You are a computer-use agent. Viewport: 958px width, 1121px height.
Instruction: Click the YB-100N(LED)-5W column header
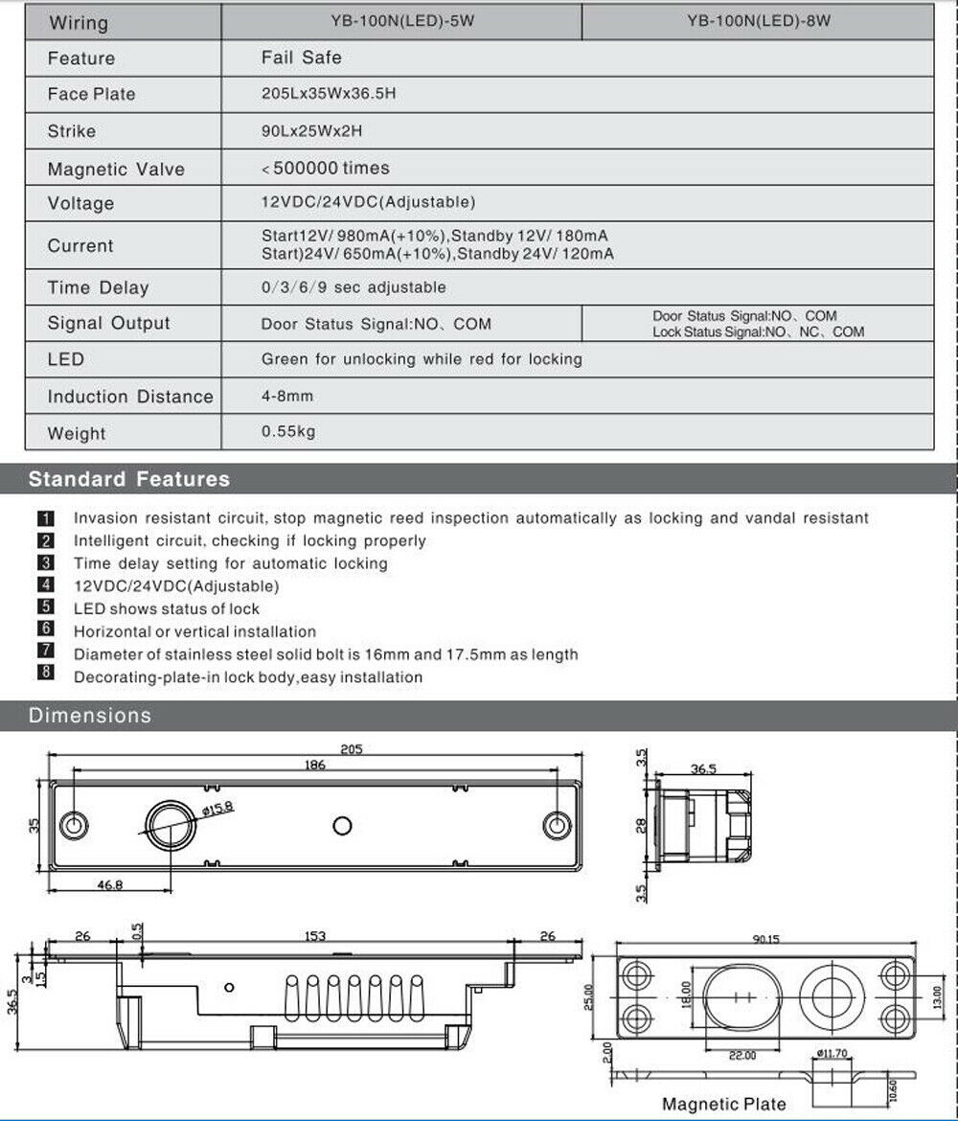(401, 21)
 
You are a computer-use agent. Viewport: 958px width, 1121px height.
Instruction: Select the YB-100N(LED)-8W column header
(758, 21)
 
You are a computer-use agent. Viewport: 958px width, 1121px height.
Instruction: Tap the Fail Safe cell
(301, 57)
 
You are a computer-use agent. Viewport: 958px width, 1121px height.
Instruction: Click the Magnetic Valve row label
(116, 170)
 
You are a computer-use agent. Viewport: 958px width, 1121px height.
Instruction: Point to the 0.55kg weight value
(288, 431)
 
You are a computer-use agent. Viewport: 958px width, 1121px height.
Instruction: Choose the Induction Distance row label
(130, 397)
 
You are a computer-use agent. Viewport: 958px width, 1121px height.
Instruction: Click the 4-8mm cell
(287, 396)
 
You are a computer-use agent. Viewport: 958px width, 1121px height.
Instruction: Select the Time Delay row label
(99, 287)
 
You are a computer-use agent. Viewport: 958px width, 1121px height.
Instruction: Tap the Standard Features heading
(129, 479)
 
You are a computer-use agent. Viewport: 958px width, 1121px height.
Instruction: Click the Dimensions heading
(90, 716)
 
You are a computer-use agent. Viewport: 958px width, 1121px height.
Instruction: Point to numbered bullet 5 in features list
(46, 607)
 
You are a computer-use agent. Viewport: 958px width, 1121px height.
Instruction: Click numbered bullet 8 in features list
(46, 675)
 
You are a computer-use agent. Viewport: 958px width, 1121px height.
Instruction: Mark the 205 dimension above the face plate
(352, 749)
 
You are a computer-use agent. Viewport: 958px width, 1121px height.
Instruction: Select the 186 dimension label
(314, 765)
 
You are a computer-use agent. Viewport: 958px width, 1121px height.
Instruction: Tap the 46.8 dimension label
(111, 885)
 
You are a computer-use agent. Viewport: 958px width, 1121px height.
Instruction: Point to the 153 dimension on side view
(314, 936)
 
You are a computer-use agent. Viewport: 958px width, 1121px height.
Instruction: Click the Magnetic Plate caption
(724, 1105)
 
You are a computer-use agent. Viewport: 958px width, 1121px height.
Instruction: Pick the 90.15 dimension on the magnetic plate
(765, 940)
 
